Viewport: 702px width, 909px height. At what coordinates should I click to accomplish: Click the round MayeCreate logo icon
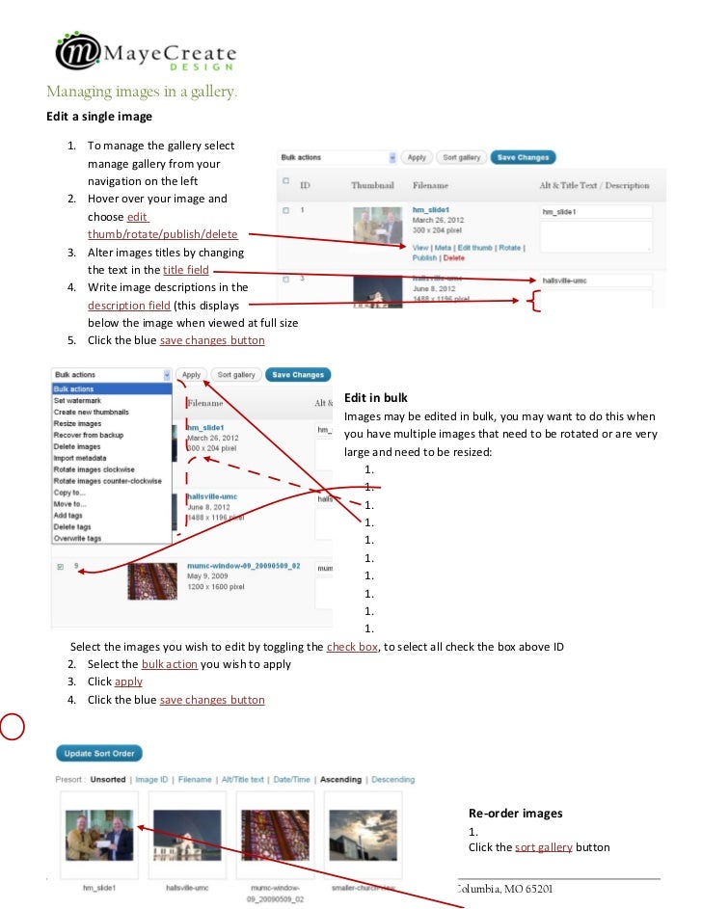(x=78, y=51)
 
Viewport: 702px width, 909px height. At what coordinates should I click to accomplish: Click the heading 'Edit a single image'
(x=99, y=117)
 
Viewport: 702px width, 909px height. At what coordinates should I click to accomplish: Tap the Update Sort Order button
(x=99, y=753)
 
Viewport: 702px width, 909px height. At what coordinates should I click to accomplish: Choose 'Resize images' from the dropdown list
(x=77, y=423)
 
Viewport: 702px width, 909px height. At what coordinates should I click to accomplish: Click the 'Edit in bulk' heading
(x=375, y=397)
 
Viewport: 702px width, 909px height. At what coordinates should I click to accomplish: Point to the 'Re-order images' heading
(x=515, y=813)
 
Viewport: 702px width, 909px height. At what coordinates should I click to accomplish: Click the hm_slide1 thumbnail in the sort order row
(x=99, y=834)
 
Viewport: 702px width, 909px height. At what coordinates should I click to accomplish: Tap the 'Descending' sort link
(x=392, y=780)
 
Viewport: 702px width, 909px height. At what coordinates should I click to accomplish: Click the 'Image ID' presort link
(x=151, y=780)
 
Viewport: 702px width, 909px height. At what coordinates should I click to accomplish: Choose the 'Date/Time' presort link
(x=291, y=780)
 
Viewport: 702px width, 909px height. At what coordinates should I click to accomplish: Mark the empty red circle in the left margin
(x=11, y=726)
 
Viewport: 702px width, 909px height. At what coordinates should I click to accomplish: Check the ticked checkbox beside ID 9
(x=60, y=567)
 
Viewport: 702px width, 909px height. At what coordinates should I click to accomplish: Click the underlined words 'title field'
(x=186, y=270)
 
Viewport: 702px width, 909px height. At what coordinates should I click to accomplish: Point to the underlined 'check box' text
(x=352, y=647)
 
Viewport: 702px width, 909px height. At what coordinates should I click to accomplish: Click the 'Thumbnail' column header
(x=373, y=185)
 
